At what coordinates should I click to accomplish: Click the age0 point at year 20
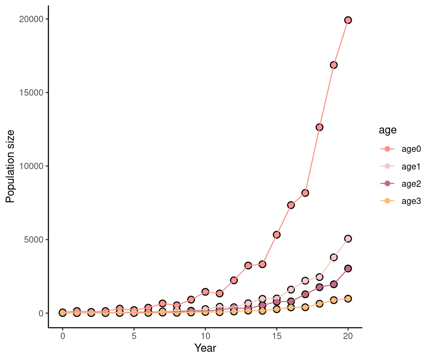pyautogui.click(x=348, y=20)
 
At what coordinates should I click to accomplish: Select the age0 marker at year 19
pyautogui.click(x=334, y=65)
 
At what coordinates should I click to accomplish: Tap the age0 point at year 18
pyautogui.click(x=319, y=127)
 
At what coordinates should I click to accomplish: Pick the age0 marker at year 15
pyautogui.click(x=277, y=235)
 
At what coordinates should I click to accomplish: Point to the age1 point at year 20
pyautogui.click(x=348, y=238)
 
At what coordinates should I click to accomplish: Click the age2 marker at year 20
pyautogui.click(x=348, y=268)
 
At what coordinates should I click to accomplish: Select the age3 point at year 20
pyautogui.click(x=348, y=298)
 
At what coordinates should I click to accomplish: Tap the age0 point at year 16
pyautogui.click(x=291, y=205)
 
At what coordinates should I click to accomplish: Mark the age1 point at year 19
pyautogui.click(x=334, y=257)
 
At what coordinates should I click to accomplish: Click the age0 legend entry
pyautogui.click(x=400, y=149)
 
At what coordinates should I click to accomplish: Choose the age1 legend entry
pyautogui.click(x=400, y=166)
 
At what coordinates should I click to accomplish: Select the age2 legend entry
pyautogui.click(x=400, y=184)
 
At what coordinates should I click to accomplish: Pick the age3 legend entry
pyautogui.click(x=400, y=201)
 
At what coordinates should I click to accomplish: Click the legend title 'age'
pyautogui.click(x=388, y=130)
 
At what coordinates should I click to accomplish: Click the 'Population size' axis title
pyautogui.click(x=10, y=166)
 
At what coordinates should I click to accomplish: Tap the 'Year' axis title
pyautogui.click(x=205, y=348)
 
